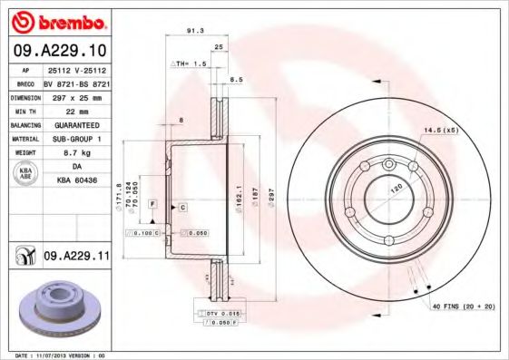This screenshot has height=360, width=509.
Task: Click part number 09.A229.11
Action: (x=76, y=258)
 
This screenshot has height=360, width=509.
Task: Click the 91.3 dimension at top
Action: (x=193, y=30)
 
